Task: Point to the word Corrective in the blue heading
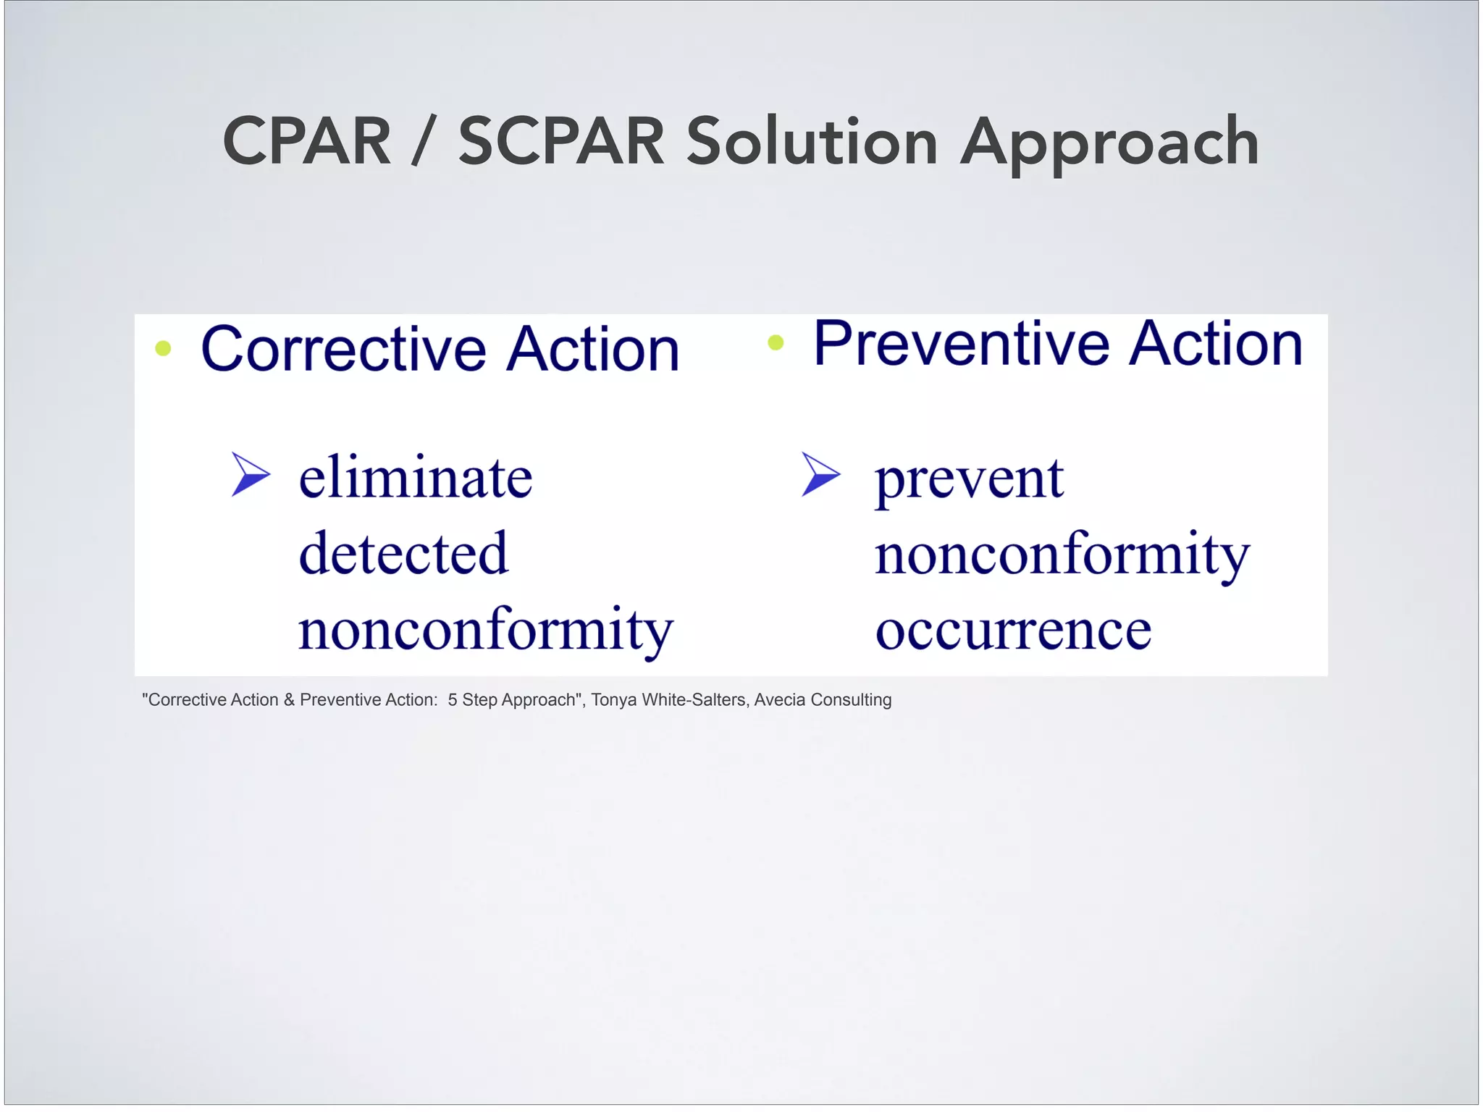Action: click(x=343, y=350)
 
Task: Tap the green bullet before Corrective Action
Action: click(x=164, y=349)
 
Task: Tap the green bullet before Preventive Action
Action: click(x=776, y=342)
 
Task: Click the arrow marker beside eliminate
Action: click(x=250, y=475)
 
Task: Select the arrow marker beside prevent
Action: click(x=820, y=474)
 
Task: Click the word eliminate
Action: click(x=416, y=478)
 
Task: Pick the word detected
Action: click(x=403, y=554)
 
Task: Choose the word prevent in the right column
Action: click(x=969, y=480)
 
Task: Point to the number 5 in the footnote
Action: click(x=453, y=700)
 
